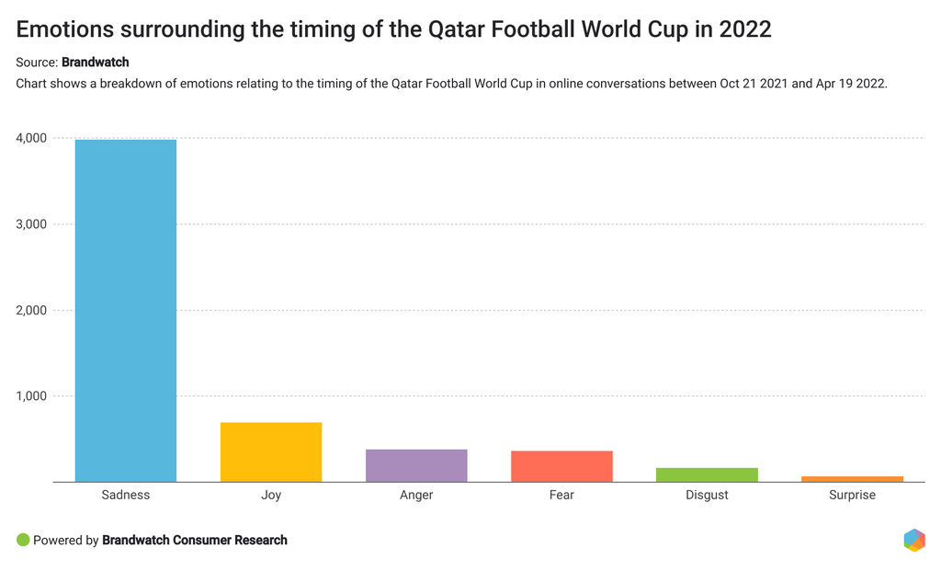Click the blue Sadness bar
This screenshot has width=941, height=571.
(x=126, y=311)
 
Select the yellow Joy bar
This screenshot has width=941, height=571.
(x=271, y=452)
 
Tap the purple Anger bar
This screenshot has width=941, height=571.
(x=416, y=465)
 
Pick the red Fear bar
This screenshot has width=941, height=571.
(x=561, y=466)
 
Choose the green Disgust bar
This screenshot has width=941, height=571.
(x=707, y=474)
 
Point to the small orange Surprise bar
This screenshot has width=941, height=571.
(x=852, y=479)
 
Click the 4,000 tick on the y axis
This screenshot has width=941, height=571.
(x=31, y=139)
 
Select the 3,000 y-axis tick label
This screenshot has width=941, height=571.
(x=31, y=224)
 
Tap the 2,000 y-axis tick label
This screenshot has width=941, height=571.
(x=31, y=311)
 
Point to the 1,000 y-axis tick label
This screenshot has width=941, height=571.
(x=31, y=396)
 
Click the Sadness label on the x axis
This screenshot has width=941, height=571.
(x=126, y=495)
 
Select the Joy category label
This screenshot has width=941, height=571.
(x=271, y=495)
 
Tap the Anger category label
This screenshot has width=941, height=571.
(x=416, y=495)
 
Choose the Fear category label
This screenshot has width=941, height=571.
(x=561, y=495)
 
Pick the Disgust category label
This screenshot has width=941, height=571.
(x=707, y=495)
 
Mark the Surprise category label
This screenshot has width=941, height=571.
(x=852, y=495)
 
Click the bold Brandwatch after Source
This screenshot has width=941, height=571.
(x=95, y=63)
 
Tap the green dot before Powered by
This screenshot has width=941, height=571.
(x=23, y=540)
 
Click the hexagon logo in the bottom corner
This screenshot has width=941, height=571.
(x=913, y=540)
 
